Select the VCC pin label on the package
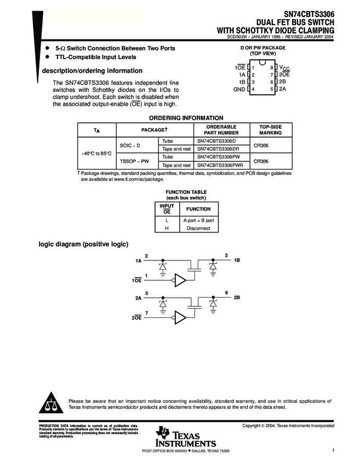pyautogui.click(x=284, y=67)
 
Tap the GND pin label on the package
pyautogui.click(x=239, y=89)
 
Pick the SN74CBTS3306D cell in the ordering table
pyautogui.click(x=215, y=141)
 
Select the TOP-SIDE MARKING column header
pyautogui.click(x=270, y=129)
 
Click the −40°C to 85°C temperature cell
pyautogui.click(x=96, y=153)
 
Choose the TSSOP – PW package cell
pyautogui.click(x=134, y=161)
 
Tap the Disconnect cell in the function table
pyautogui.click(x=198, y=228)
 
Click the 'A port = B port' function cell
pyautogui.click(x=198, y=220)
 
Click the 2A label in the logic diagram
pyautogui.click(x=138, y=298)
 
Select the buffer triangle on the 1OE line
pyautogui.click(x=180, y=280)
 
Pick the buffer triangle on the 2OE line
pyautogui.click(x=180, y=317)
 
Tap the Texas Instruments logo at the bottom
pyautogui.click(x=186, y=436)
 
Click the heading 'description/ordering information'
pyautogui.click(x=93, y=71)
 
